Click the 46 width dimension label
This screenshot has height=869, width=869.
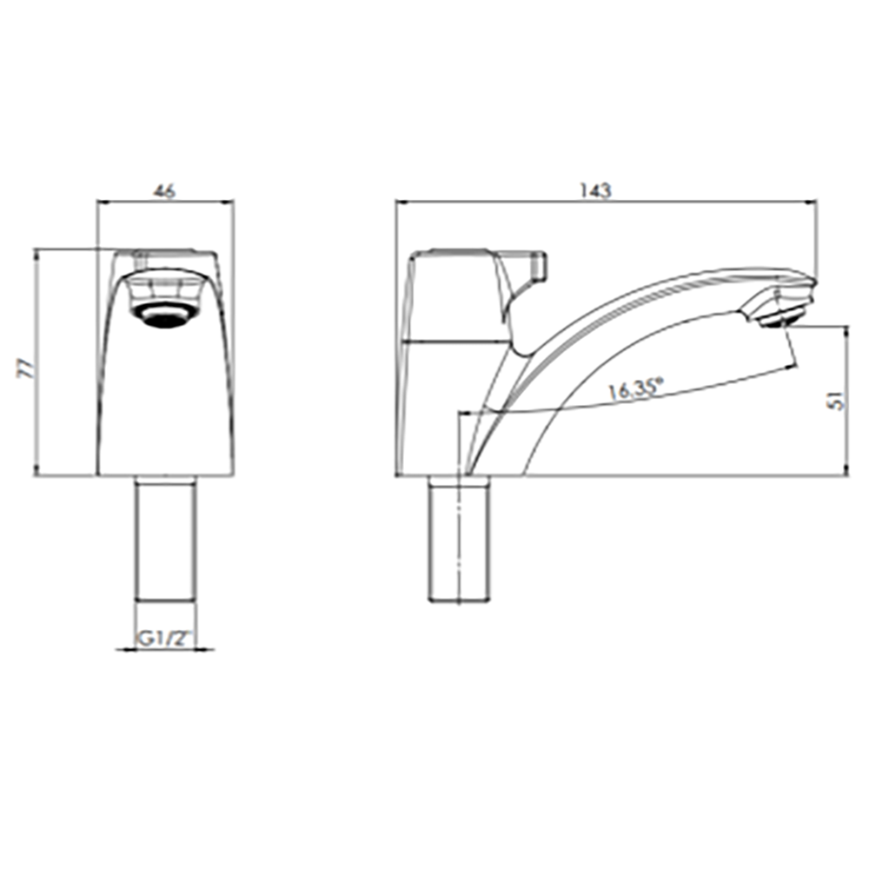(x=164, y=190)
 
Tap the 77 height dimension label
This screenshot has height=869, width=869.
(x=26, y=368)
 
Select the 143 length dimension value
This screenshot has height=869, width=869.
(x=596, y=190)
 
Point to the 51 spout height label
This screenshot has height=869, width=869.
(x=839, y=399)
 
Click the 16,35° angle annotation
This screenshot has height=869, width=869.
(x=636, y=389)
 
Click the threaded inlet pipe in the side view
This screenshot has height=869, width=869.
(x=458, y=540)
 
